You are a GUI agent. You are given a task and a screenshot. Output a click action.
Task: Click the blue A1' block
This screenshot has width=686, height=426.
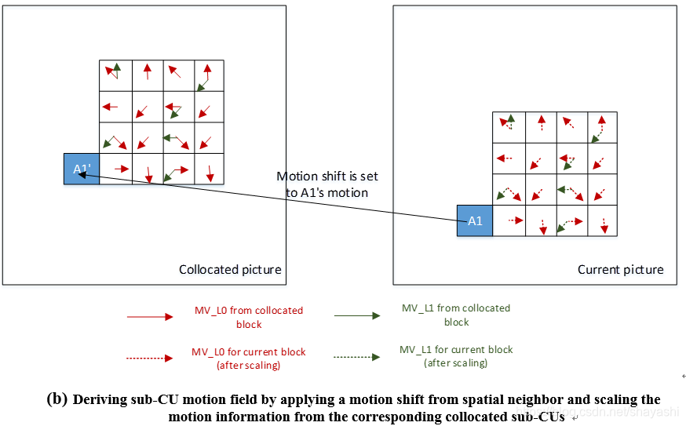tap(82, 169)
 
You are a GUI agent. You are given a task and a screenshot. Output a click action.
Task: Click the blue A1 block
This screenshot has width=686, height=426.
tap(475, 220)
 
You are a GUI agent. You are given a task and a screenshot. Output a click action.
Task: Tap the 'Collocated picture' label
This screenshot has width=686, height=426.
tap(230, 270)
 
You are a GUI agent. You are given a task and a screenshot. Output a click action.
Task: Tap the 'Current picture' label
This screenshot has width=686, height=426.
tap(620, 270)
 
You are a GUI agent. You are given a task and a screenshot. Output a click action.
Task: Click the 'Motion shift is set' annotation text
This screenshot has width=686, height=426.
tap(327, 177)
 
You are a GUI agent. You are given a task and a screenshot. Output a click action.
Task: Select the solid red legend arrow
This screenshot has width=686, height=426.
tap(150, 318)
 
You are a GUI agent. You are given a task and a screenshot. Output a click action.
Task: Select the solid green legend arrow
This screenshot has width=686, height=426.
tap(358, 316)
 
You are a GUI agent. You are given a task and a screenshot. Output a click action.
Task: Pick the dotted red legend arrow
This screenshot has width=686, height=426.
tap(150, 358)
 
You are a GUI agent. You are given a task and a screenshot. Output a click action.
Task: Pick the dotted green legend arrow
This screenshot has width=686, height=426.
tap(358, 357)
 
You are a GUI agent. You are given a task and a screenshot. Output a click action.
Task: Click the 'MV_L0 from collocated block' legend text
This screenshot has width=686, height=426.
tap(248, 317)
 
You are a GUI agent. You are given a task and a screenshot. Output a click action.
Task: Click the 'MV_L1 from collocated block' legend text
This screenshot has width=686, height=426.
tap(455, 315)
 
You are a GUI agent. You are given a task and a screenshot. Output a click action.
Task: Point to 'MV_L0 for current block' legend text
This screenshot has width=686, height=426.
tap(248, 358)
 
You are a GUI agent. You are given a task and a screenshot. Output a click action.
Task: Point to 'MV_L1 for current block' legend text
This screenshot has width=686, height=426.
tap(455, 356)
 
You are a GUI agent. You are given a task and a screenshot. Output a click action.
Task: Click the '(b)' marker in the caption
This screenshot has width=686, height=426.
tap(57, 399)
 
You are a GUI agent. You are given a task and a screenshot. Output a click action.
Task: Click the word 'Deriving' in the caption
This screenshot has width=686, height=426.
tap(99, 399)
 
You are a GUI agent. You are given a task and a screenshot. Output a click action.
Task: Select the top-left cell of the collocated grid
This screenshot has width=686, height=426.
tap(115, 75)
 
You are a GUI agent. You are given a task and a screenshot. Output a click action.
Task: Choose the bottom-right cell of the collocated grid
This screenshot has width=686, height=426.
tap(210, 169)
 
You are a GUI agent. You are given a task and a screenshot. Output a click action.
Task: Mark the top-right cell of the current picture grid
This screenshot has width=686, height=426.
tap(601, 127)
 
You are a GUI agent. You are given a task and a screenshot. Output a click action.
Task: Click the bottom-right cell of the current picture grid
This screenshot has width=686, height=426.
tap(601, 220)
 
